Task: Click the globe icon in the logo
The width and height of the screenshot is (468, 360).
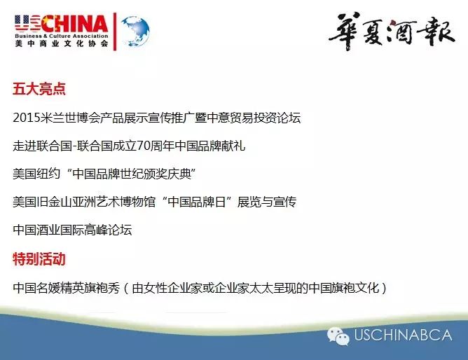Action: pyautogui.click(x=135, y=32)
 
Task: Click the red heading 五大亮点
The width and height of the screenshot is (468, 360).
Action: pyautogui.click(x=39, y=89)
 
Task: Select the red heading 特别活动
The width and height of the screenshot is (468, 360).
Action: pyautogui.click(x=39, y=259)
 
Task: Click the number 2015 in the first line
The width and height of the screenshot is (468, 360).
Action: pyautogui.click(x=26, y=118)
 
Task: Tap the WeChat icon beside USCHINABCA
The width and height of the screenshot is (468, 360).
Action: pyautogui.click(x=338, y=336)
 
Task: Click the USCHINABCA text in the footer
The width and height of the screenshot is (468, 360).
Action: pyautogui.click(x=403, y=335)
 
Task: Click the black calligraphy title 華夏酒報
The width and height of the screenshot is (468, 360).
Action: pyautogui.click(x=392, y=31)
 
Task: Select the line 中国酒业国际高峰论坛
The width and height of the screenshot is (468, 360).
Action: pyautogui.click(x=72, y=230)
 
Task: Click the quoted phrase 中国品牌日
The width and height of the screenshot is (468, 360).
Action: pyautogui.click(x=197, y=202)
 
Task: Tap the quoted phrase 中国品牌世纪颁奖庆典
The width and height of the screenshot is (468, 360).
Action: pyautogui.click(x=132, y=174)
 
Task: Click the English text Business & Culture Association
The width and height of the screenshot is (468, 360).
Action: pyautogui.click(x=62, y=36)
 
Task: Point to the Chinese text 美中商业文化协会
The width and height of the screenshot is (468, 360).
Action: pyautogui.click(x=62, y=43)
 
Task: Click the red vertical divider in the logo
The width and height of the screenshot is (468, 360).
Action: pyautogui.click(x=115, y=32)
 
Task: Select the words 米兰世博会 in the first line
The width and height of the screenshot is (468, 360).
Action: pyautogui.click(x=70, y=118)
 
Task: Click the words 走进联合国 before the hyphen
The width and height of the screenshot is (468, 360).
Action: pyautogui.click(x=42, y=146)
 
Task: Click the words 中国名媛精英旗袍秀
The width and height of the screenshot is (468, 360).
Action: pyautogui.click(x=67, y=288)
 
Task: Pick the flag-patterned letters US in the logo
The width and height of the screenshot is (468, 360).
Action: pyautogui.click(x=27, y=23)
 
